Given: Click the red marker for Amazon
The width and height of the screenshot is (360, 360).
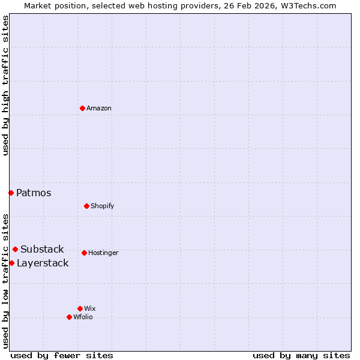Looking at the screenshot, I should [82, 108].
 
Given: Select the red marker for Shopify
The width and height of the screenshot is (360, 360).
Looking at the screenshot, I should [86, 206].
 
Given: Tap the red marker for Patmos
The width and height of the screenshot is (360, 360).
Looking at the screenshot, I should [11, 193].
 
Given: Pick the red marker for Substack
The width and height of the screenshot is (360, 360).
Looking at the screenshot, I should [15, 249].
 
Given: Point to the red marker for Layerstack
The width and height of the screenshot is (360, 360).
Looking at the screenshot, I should [11, 263].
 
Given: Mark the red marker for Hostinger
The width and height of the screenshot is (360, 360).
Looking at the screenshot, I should [84, 253].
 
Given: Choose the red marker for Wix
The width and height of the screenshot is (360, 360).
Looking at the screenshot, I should [80, 308].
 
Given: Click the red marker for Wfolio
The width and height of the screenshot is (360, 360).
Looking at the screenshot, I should [69, 317].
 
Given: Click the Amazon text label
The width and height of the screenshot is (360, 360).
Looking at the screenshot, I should [99, 109].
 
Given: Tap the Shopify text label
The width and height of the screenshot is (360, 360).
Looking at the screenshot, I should [103, 206].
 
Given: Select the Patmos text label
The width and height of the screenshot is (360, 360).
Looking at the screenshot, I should [34, 193].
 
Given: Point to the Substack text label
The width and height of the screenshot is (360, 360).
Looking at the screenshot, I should [42, 250].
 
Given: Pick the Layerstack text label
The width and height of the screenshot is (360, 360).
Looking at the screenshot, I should [43, 263].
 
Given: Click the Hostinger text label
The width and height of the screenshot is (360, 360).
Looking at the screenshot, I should [103, 253].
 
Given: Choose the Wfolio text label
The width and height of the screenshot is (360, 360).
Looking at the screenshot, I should [83, 317].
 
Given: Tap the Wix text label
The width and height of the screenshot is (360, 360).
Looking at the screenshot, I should [90, 309].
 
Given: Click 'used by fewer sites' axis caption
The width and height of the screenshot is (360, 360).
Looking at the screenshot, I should [62, 356].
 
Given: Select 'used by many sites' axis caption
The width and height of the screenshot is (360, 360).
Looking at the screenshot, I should [301, 356].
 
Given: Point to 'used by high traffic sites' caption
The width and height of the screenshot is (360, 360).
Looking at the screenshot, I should [5, 85].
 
